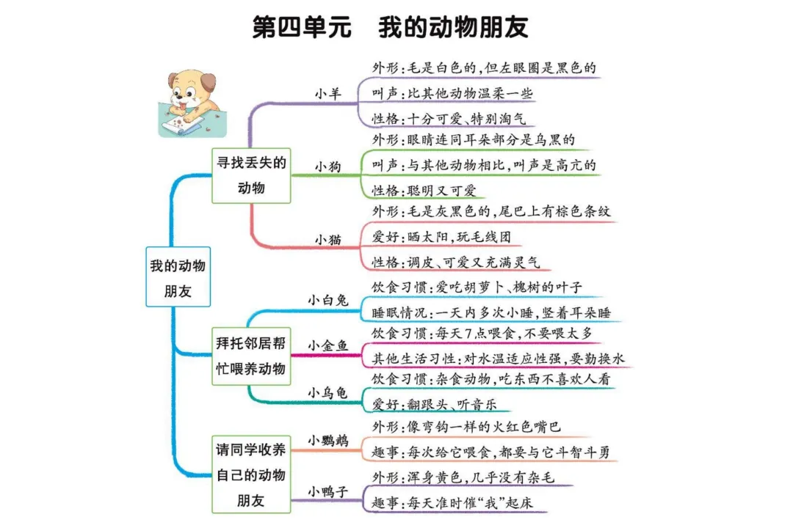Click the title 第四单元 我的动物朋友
(x=391, y=27)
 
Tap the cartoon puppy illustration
(x=189, y=102)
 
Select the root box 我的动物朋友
(x=178, y=277)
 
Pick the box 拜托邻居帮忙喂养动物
(x=250, y=356)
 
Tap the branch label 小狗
(x=328, y=166)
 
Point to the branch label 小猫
(x=328, y=239)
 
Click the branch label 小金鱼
(x=328, y=345)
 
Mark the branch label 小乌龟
(x=328, y=392)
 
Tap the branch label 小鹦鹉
(x=328, y=440)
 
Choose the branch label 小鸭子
(x=328, y=491)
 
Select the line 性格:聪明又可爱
(x=424, y=190)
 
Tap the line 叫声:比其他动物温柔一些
(x=452, y=93)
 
